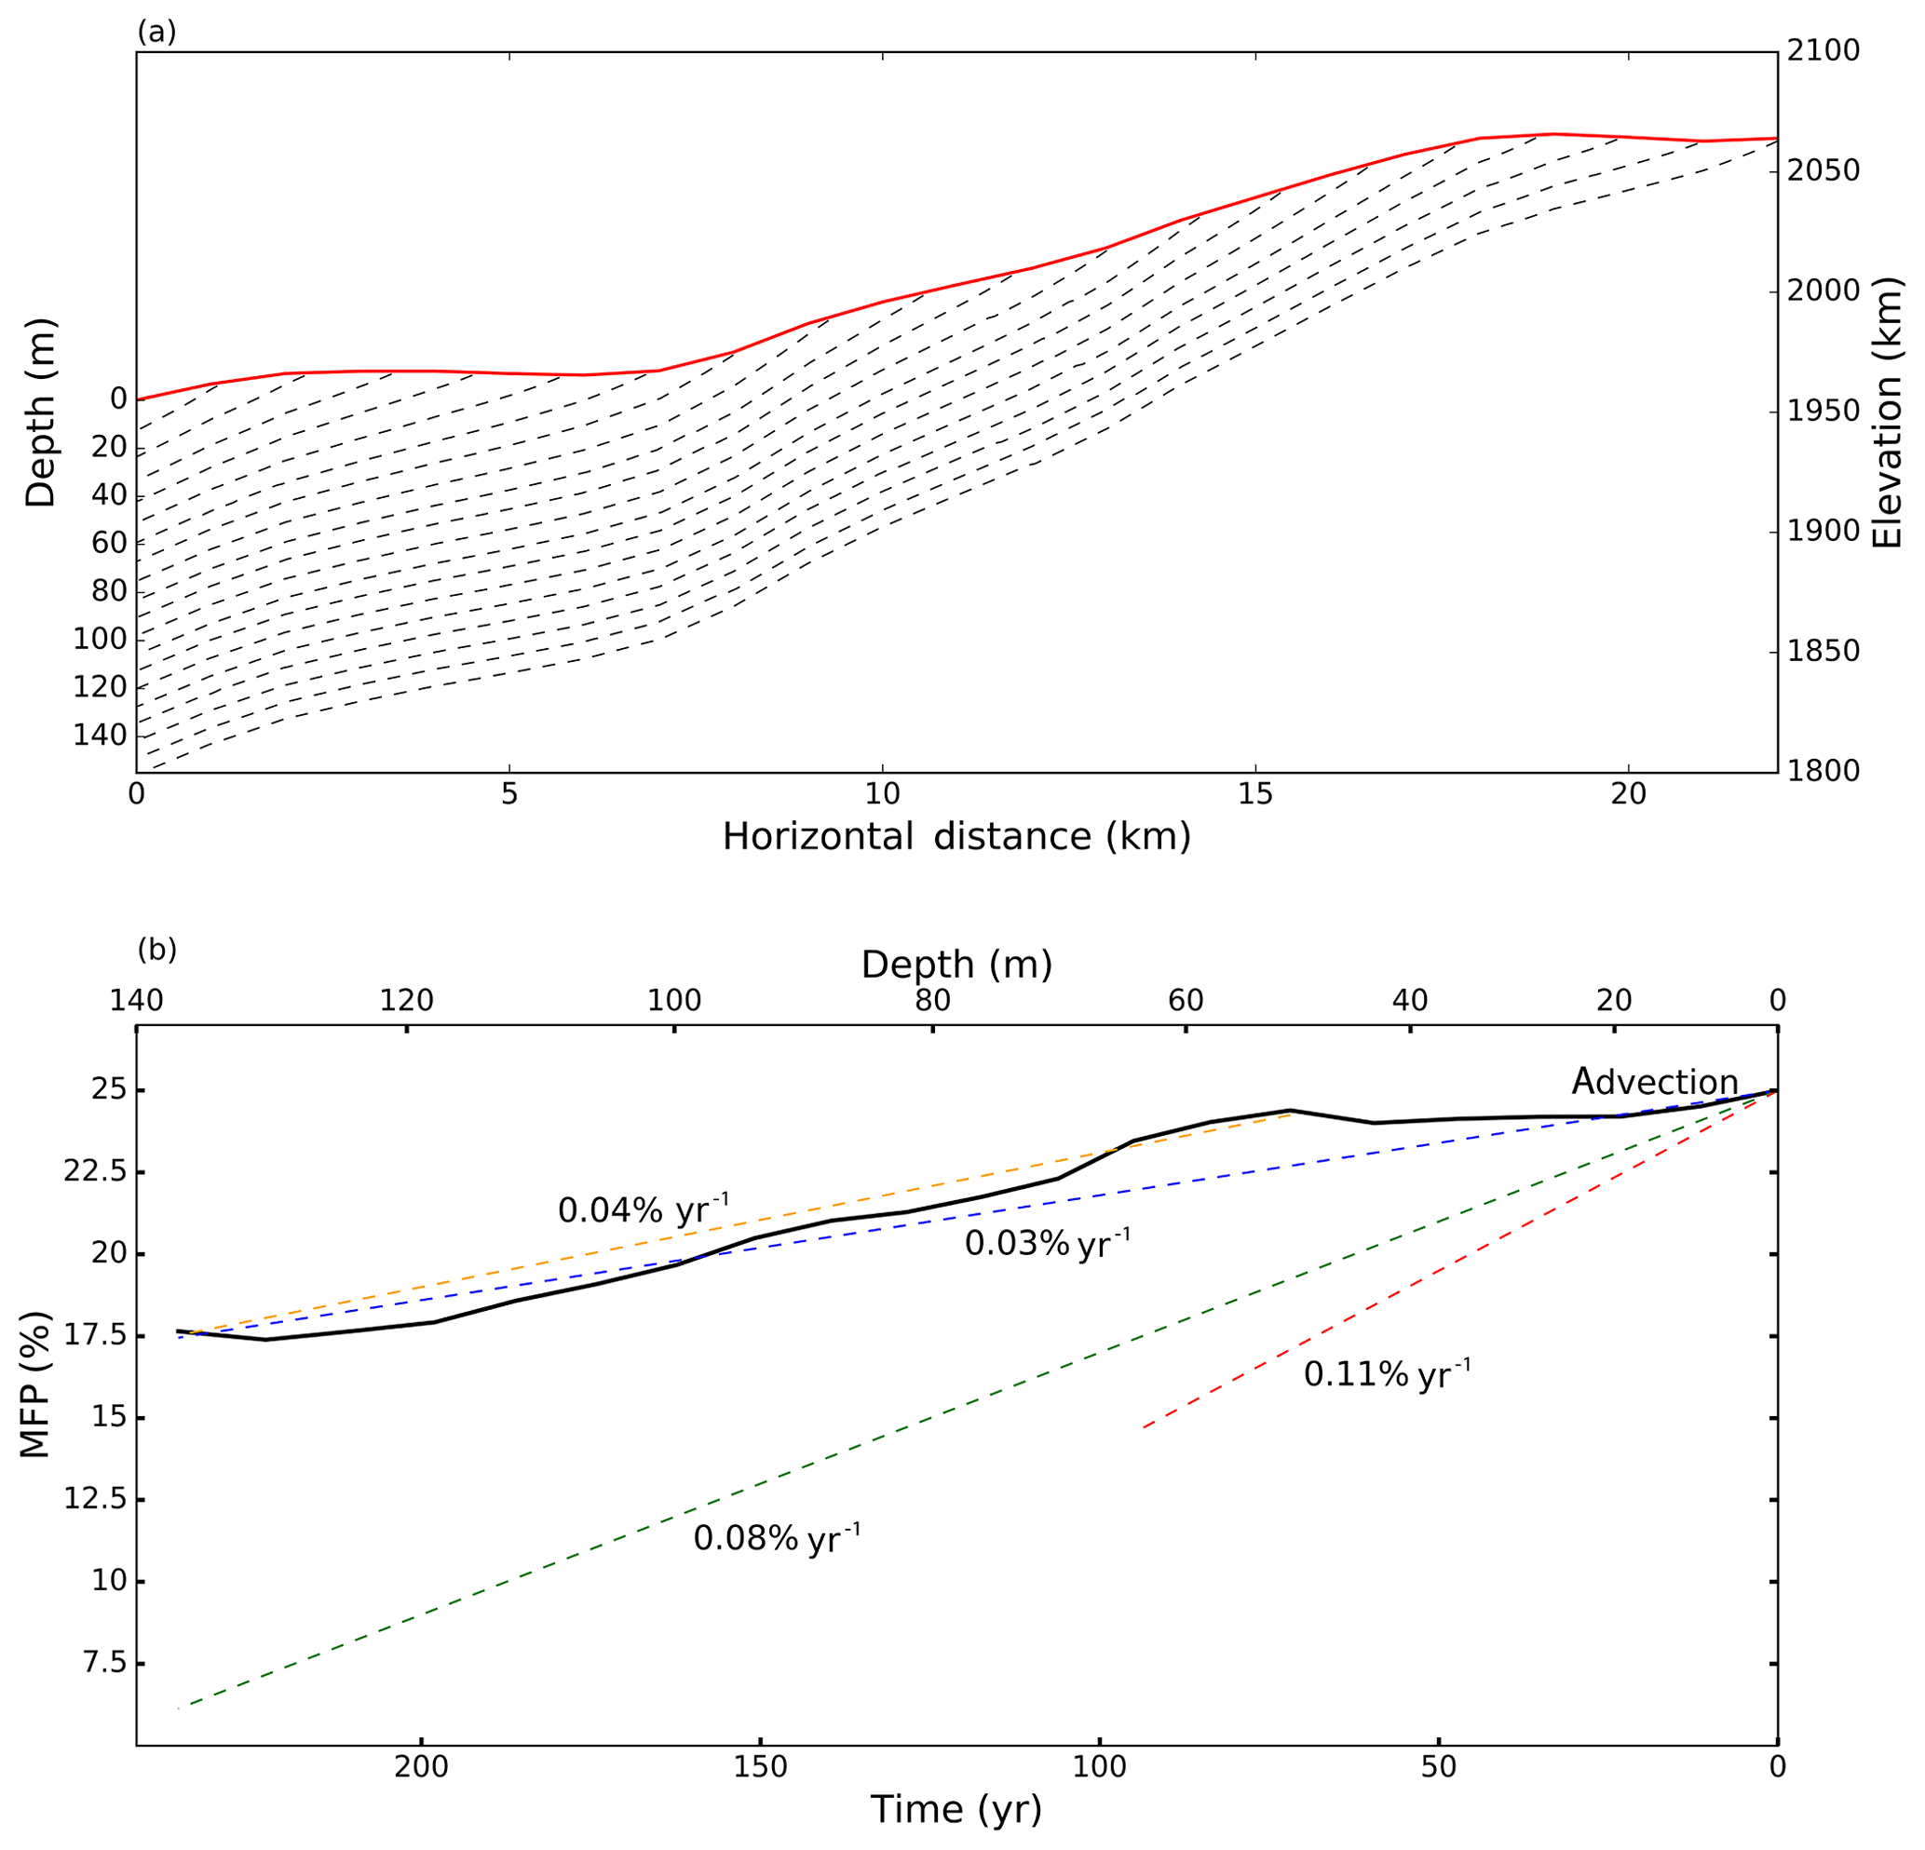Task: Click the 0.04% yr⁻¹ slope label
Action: pyautogui.click(x=644, y=1209)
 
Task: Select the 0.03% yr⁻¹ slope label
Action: pyautogui.click(x=1047, y=1243)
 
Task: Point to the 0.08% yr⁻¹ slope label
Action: pyautogui.click(x=776, y=1538)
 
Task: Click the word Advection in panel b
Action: pyautogui.click(x=1654, y=1082)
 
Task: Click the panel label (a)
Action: pyautogui.click(x=156, y=33)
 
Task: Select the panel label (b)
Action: pyautogui.click(x=156, y=950)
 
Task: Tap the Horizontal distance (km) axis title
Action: pyautogui.click(x=956, y=837)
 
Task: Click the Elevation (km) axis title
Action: pyautogui.click(x=1888, y=412)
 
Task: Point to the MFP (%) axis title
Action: pyautogui.click(x=35, y=1384)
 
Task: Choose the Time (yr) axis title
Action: pyautogui.click(x=956, y=1809)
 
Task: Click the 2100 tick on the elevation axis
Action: pyautogui.click(x=1823, y=51)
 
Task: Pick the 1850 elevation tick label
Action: pyautogui.click(x=1823, y=652)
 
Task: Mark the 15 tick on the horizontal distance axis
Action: pyautogui.click(x=1255, y=794)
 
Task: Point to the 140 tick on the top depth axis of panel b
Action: pyautogui.click(x=136, y=1001)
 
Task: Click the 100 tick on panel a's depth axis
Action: pyautogui.click(x=101, y=640)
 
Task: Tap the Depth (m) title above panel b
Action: pyautogui.click(x=956, y=966)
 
